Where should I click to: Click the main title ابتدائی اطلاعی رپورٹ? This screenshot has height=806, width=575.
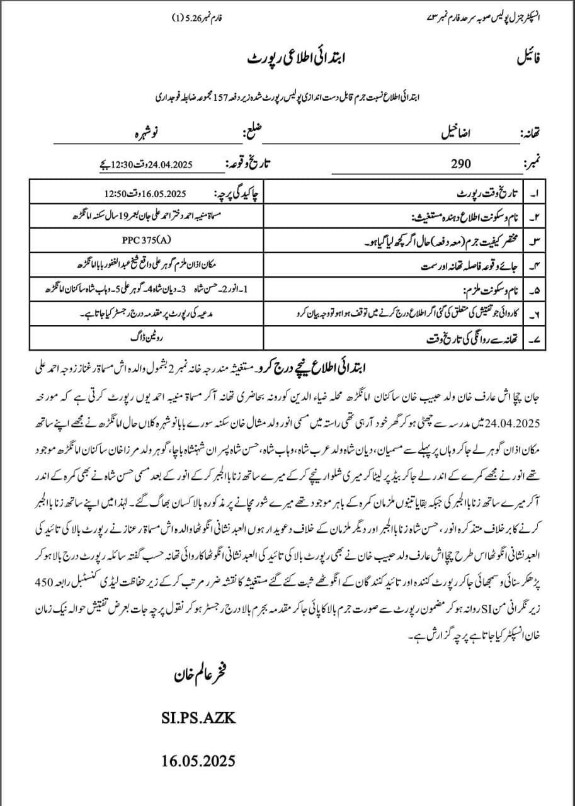point(287,59)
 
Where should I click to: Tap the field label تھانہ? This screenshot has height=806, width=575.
point(534,135)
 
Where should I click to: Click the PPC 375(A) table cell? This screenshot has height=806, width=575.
point(145,240)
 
